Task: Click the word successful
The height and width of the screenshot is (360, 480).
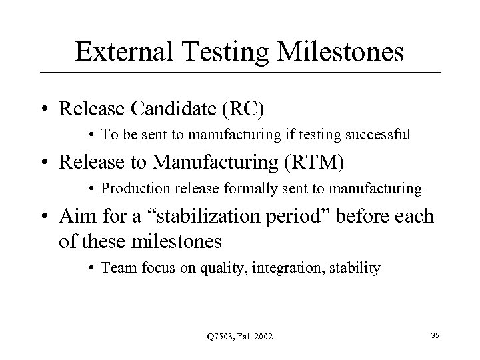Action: point(379,134)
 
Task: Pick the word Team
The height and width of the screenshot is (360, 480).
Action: point(115,268)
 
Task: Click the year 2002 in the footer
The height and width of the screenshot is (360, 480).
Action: point(261,335)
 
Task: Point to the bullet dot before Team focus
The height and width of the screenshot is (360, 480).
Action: point(91,269)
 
